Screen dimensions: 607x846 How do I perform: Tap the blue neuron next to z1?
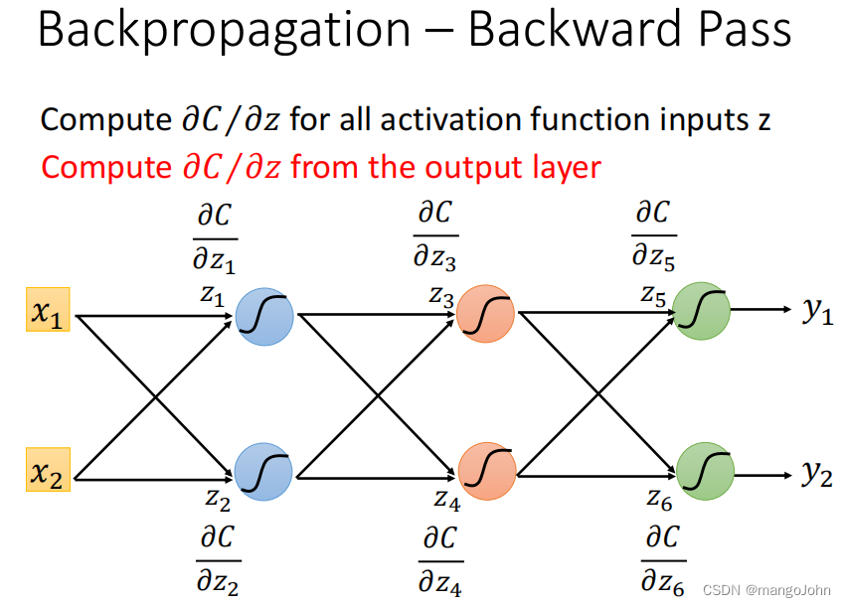[264, 317]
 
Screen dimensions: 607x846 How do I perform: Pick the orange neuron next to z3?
[486, 315]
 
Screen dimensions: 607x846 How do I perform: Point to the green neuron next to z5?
[702, 311]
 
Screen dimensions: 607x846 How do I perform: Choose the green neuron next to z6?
[705, 471]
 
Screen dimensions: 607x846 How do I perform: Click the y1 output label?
[818, 311]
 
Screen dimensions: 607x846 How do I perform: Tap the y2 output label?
[817, 474]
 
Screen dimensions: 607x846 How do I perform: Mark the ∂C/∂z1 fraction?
[216, 238]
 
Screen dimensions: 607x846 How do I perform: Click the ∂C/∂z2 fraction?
[217, 560]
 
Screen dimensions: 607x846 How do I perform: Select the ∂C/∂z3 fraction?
[435, 236]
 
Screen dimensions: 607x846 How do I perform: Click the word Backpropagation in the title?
[224, 32]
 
